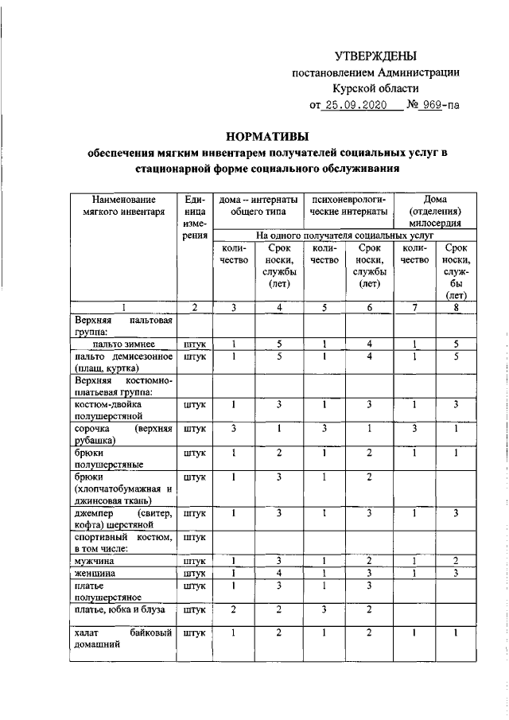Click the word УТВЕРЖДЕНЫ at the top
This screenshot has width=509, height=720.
pos(375,56)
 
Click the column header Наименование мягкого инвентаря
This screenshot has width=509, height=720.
pos(122,206)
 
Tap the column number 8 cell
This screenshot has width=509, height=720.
pos(457,307)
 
